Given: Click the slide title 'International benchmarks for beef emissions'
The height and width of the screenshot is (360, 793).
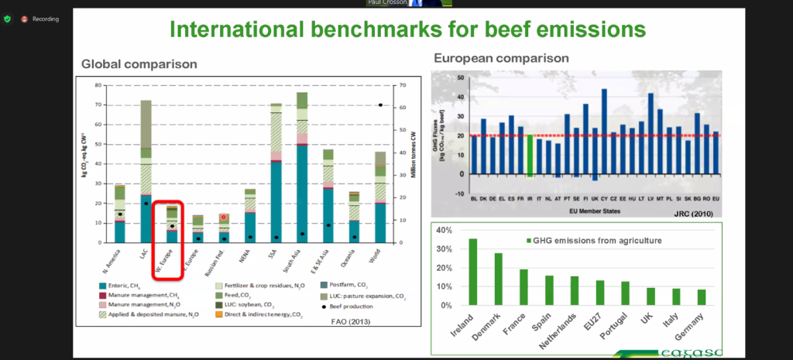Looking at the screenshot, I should coord(407,29).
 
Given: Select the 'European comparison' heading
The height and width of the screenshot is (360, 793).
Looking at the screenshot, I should coord(501,58).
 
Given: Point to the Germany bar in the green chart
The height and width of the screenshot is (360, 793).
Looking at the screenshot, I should coord(701,297).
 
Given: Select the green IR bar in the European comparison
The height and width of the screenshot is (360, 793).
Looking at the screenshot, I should coord(530,155).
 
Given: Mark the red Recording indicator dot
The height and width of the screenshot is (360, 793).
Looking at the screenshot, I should coord(25,19).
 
